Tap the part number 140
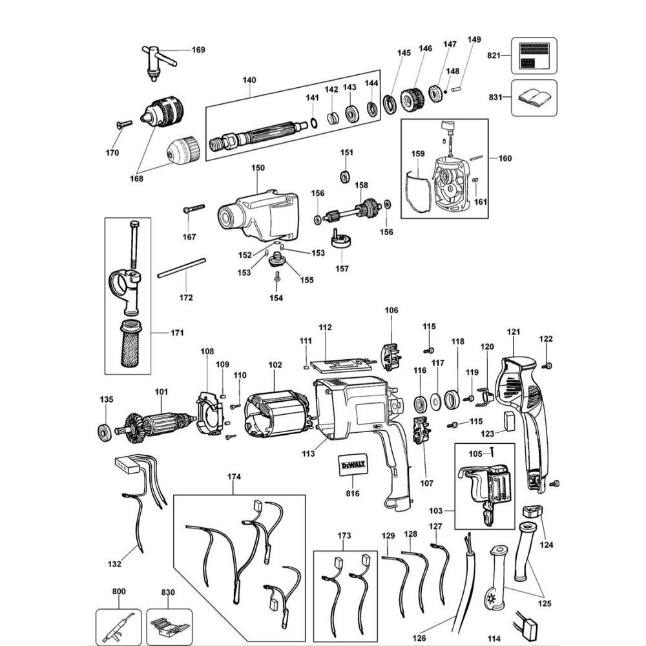(x=249, y=80)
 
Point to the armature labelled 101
(x=156, y=424)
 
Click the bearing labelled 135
(x=103, y=432)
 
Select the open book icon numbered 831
(x=534, y=98)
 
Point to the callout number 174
(x=233, y=477)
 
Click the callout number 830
(x=168, y=592)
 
